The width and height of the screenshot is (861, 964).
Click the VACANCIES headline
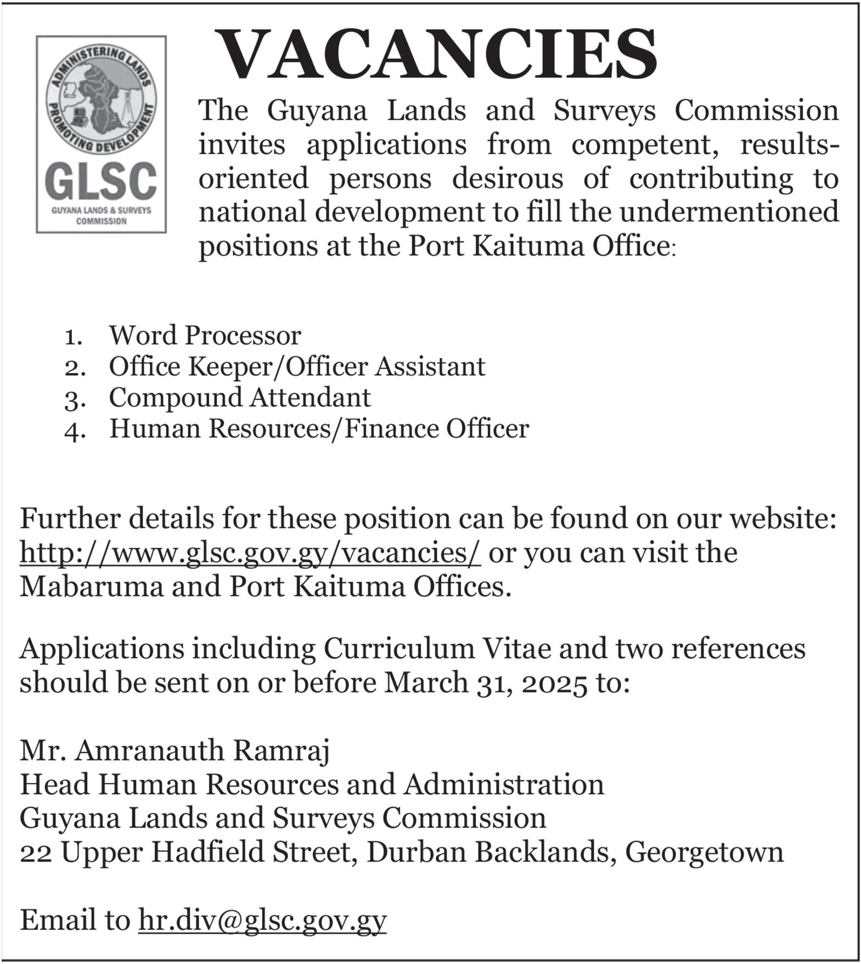pos(437,55)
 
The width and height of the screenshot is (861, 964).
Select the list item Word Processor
pos(205,335)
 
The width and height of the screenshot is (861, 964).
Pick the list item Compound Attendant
pos(240,398)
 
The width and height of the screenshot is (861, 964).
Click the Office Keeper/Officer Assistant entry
pos(297,367)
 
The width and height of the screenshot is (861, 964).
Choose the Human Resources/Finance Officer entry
pos(319,429)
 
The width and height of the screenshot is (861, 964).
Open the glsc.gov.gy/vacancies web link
pos(250,552)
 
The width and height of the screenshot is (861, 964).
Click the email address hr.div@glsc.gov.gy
pos(262,920)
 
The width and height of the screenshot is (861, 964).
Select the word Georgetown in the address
pos(704,853)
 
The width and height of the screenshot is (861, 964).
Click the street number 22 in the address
pos(36,853)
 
